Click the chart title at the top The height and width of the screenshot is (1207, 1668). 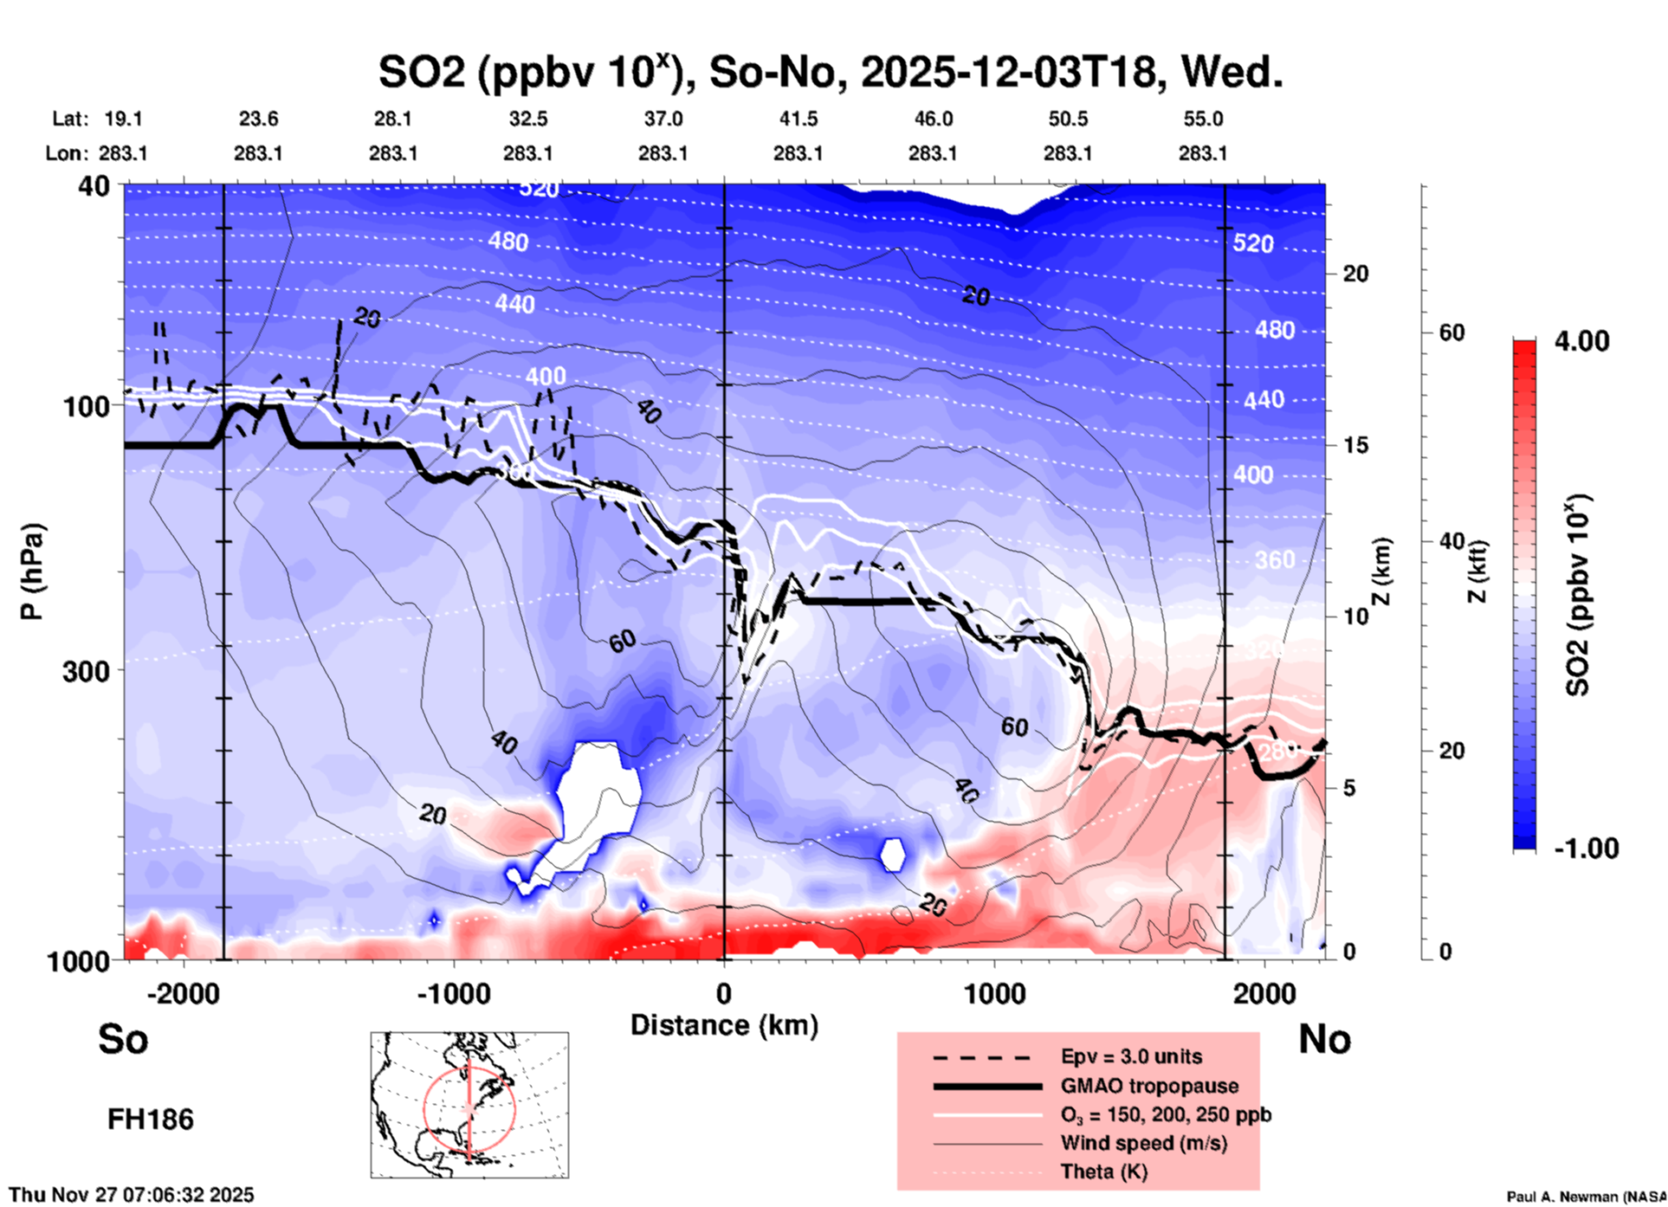tap(830, 73)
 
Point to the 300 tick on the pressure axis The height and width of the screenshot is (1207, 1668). tap(87, 671)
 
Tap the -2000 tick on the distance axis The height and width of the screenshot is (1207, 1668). tap(184, 994)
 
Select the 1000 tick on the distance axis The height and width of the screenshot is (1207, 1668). tap(994, 994)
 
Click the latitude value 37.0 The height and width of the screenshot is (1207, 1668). tap(663, 119)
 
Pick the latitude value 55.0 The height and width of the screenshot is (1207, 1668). tap(1203, 119)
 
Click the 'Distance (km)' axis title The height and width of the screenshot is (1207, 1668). tap(724, 1025)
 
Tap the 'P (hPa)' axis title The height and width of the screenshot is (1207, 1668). tap(32, 571)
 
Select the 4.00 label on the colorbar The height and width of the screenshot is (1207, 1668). tap(1581, 341)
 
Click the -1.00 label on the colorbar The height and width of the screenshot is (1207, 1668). tap(1586, 848)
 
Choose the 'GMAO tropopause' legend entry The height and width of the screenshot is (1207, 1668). tap(1149, 1086)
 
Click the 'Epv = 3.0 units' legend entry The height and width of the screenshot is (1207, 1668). tap(1131, 1056)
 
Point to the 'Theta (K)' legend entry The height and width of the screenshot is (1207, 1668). tap(1104, 1171)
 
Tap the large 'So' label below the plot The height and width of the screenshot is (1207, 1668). tap(123, 1039)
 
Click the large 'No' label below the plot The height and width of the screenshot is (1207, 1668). tap(1324, 1039)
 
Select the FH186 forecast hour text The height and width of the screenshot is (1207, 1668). tap(151, 1120)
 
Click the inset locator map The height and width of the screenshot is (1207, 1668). tap(469, 1104)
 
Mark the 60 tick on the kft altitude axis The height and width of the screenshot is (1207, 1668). tap(1451, 332)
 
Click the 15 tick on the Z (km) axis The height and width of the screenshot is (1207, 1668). tap(1355, 445)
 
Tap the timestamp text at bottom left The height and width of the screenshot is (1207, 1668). tap(132, 1195)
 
